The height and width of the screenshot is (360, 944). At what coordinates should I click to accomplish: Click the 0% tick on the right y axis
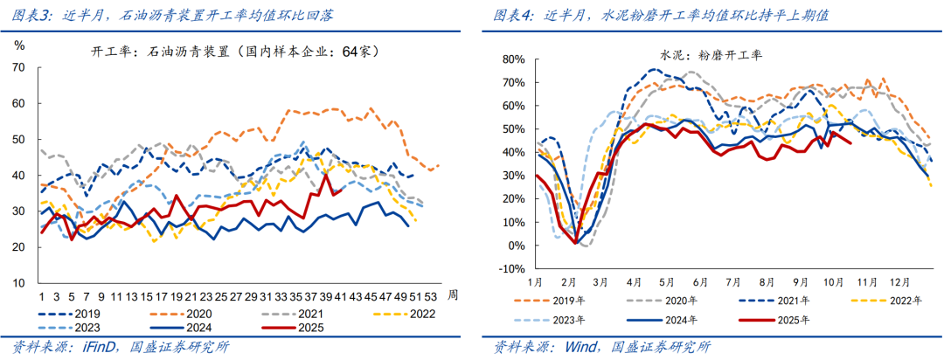[514, 246]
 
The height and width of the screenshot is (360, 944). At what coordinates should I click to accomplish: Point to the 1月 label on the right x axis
[535, 284]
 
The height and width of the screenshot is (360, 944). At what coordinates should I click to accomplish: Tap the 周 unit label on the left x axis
[453, 295]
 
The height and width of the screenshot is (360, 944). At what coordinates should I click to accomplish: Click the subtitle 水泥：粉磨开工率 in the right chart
[711, 54]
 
